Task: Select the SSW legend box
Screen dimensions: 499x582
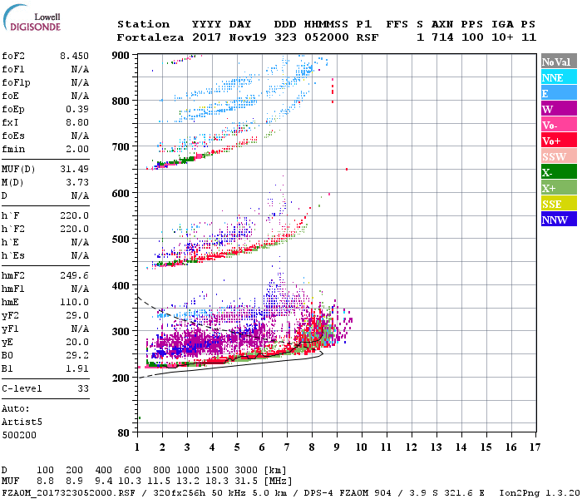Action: [x=556, y=156]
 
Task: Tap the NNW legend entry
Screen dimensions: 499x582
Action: [x=556, y=220]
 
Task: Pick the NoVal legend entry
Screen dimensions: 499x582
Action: [x=556, y=62]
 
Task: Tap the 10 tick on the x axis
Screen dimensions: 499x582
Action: [x=361, y=447]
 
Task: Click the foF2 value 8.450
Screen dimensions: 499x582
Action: [x=74, y=57]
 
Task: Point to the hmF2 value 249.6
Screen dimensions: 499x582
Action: [x=74, y=274]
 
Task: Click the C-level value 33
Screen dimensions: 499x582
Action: [x=83, y=388]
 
